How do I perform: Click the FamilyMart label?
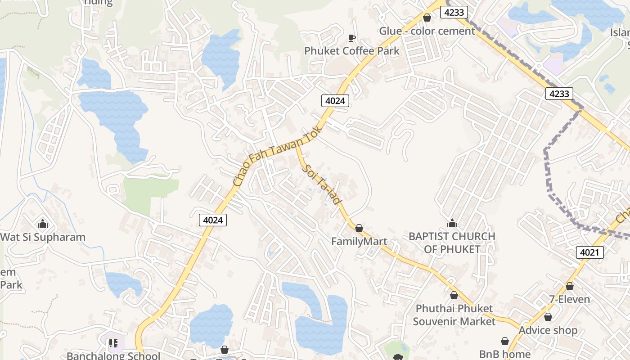pos(359,242)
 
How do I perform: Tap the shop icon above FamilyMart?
pos(359,229)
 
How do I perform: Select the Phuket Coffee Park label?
pos(352,51)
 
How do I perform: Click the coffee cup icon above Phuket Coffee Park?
pos(352,38)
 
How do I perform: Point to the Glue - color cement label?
pos(427,31)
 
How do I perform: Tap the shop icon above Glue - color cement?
pos(427,18)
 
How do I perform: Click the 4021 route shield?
pos(589,252)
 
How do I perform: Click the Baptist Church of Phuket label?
pos(452,243)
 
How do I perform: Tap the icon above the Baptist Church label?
pos(452,223)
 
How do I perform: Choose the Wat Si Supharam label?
pos(43,237)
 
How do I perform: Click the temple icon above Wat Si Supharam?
pos(43,224)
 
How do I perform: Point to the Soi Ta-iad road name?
pos(322,185)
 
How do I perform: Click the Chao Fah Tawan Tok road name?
pos(278,156)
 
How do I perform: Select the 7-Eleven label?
pos(569,299)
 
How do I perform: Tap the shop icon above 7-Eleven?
pos(569,286)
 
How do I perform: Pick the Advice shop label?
pos(548,330)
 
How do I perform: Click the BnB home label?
pos(504,354)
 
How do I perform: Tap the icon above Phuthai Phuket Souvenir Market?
pos(454,296)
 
